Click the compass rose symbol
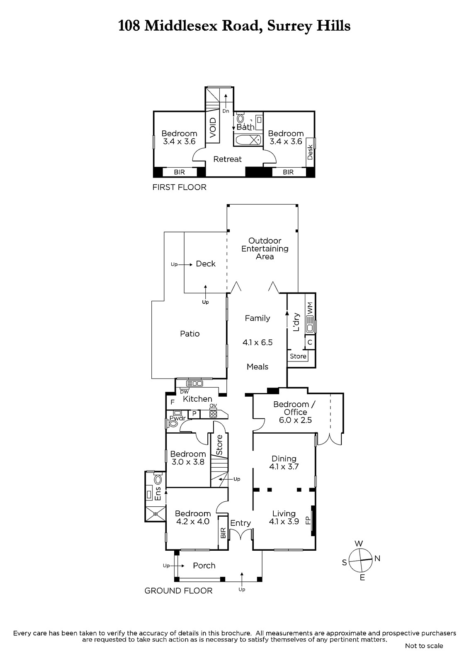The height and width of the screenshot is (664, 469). point(361,561)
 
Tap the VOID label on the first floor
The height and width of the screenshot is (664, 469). point(213,127)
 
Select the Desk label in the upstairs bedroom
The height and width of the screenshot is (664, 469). point(310,152)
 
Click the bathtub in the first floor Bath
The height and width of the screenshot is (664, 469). point(248,139)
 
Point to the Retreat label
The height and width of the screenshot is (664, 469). point(227,159)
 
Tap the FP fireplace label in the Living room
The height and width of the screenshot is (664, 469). point(308,520)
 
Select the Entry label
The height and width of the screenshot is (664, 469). point(240,523)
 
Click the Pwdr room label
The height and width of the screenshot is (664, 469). point(177,418)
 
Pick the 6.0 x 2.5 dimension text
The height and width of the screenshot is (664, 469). point(295,420)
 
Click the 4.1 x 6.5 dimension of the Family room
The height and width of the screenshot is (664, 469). point(258,342)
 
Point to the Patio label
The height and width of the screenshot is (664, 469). point(190,334)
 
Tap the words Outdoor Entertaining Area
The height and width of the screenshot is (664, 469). point(265,249)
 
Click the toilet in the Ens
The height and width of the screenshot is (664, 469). point(158,479)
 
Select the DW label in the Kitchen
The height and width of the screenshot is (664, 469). point(184,392)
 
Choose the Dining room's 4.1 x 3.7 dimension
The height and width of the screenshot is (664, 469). point(284,466)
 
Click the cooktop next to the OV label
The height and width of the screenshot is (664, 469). point(213,414)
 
